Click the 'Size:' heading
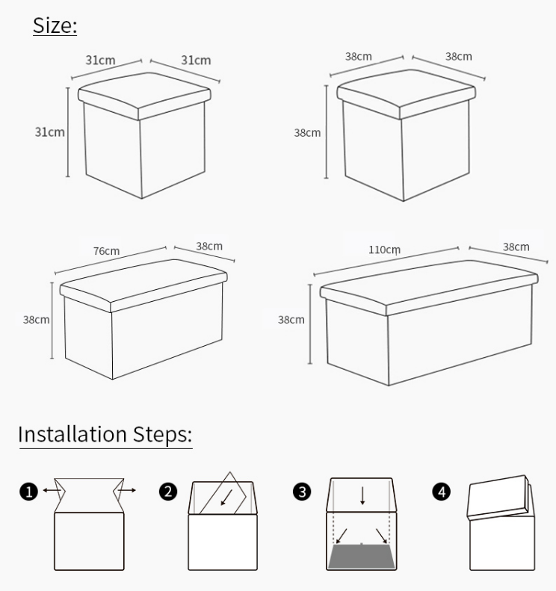click(55, 25)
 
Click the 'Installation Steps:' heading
click(105, 434)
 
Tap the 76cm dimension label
click(106, 251)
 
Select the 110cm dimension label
click(384, 250)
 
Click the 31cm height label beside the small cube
click(50, 132)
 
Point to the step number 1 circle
click(29, 492)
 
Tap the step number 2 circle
click(168, 492)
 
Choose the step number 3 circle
click(302, 492)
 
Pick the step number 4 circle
click(442, 492)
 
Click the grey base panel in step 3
click(362, 556)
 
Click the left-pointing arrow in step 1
click(52, 490)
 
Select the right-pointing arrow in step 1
click(126, 490)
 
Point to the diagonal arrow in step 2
click(226, 498)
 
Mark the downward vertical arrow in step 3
click(362, 495)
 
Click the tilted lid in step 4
click(498, 496)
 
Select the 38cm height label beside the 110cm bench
click(291, 320)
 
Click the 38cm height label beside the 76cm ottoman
click(36, 320)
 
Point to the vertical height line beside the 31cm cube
click(68, 132)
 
